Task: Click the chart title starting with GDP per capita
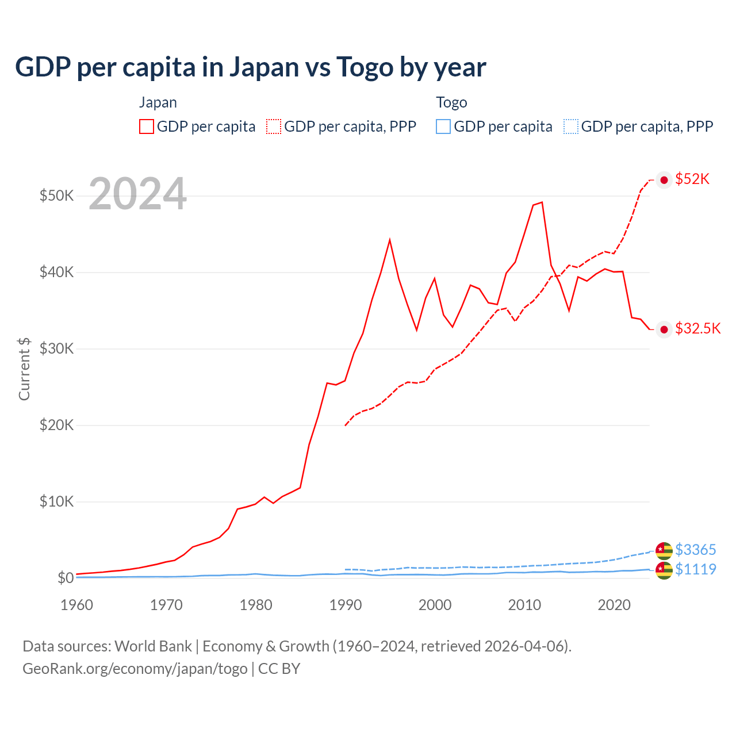click(x=251, y=67)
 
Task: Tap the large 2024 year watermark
click(x=138, y=194)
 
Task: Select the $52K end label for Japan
click(x=692, y=179)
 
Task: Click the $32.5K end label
click(x=697, y=328)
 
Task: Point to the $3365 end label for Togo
click(x=695, y=550)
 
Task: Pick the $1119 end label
click(x=695, y=569)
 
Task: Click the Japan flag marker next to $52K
click(x=664, y=180)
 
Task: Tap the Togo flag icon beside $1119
click(x=664, y=570)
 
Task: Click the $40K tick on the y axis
click(x=56, y=272)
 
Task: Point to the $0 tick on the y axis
click(x=65, y=578)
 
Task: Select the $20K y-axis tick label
click(x=56, y=425)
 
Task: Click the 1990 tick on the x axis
click(x=346, y=605)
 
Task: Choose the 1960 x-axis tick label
click(x=77, y=605)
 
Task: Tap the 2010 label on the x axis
click(x=524, y=605)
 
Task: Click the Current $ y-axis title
click(x=24, y=369)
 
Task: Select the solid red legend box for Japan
click(x=147, y=126)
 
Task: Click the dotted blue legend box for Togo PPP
click(x=571, y=126)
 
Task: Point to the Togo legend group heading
click(x=451, y=102)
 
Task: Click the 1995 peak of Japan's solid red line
click(x=390, y=240)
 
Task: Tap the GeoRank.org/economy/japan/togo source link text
click(x=135, y=669)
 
